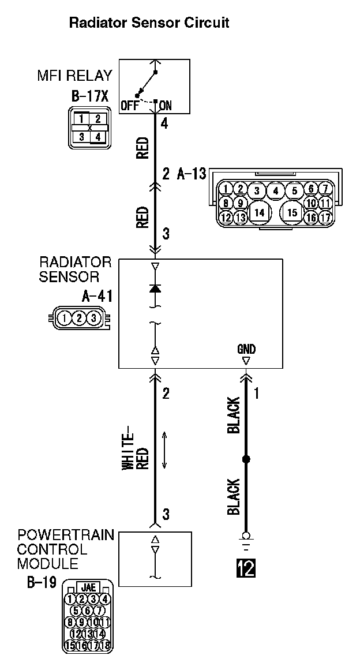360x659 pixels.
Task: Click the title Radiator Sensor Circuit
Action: [x=149, y=23]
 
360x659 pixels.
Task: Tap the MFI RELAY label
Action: [x=75, y=76]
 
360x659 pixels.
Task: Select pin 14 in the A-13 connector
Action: [x=260, y=212]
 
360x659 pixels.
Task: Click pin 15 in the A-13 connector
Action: [x=292, y=212]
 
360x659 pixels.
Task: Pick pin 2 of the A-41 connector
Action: [x=80, y=317]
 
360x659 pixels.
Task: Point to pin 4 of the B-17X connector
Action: [x=97, y=137]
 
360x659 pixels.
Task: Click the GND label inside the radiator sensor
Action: [x=246, y=349]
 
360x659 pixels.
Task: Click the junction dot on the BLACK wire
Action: [x=246, y=459]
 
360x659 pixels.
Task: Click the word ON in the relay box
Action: [x=165, y=106]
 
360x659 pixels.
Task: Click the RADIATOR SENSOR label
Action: [x=75, y=269]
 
